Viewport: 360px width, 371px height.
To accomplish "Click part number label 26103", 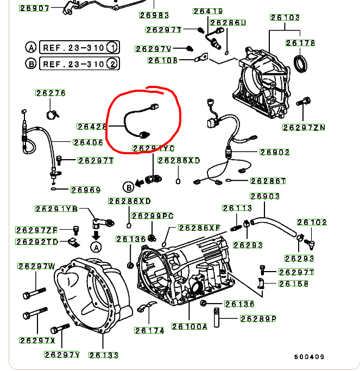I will click(285, 17).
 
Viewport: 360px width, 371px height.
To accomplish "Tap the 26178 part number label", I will click(300, 42).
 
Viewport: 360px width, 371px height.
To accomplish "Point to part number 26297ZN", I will click(304, 128).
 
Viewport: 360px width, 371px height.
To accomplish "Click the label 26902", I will click(275, 152).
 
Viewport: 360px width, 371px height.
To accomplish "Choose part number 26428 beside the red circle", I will click(92, 127).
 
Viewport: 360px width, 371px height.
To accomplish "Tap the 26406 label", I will click(88, 142).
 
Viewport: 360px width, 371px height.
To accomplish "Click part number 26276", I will click(51, 93).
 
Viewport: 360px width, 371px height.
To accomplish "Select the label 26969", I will click(85, 190).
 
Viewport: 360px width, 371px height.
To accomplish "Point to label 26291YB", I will click(56, 209).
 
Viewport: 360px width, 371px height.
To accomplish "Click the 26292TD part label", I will click(37, 242).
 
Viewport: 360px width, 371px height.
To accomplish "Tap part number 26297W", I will click(36, 266).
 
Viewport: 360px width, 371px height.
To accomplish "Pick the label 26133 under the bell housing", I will click(104, 355).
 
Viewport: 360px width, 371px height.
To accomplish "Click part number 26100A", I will click(190, 326).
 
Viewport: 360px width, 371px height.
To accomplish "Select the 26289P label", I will click(258, 319).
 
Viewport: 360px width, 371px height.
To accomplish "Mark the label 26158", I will click(294, 284).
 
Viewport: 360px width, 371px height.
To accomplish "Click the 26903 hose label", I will click(264, 196).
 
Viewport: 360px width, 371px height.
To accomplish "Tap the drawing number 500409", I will click(310, 357).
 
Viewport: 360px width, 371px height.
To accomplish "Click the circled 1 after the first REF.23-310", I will click(113, 47).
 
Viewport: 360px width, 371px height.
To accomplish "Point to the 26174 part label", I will click(149, 330).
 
